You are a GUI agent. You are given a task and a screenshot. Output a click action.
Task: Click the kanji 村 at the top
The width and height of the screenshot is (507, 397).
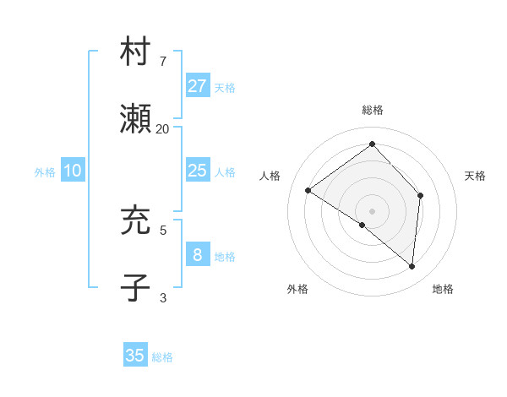135,52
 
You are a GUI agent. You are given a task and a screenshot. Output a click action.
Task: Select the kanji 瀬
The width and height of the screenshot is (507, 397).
135,120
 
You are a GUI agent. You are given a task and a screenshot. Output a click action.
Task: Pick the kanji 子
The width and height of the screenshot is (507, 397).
135,287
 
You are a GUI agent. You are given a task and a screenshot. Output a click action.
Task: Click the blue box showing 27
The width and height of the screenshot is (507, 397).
197,86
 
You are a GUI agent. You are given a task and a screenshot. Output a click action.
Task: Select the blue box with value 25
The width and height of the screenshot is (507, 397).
197,171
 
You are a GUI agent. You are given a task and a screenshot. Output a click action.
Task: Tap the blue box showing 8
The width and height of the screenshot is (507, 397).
197,255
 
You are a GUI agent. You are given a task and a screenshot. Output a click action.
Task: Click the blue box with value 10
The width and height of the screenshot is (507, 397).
73,171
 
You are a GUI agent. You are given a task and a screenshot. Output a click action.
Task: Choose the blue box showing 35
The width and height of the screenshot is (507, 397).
135,356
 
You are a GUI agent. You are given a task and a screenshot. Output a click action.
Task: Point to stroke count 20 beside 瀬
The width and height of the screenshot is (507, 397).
163,128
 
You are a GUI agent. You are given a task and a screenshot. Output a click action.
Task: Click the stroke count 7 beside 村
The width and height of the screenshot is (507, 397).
163,62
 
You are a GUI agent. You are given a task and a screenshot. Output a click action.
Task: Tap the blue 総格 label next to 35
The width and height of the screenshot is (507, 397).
162,357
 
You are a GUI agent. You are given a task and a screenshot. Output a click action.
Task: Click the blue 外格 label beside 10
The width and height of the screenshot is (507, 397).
45,172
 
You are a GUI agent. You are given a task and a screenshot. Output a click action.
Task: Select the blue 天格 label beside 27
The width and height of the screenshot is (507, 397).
225,88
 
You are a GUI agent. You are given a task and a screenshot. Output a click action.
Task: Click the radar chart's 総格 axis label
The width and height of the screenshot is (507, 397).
373,111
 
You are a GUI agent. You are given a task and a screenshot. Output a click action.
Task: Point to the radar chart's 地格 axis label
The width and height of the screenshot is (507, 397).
443,289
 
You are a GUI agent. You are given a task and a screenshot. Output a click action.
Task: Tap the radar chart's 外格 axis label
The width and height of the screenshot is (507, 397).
297,289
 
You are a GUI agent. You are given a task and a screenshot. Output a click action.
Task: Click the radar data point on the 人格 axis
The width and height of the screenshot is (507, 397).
308,190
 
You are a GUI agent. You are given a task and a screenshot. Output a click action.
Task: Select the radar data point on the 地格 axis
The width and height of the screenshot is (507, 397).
412,266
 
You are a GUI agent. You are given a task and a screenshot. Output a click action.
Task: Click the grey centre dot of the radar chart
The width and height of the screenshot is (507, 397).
372,210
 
